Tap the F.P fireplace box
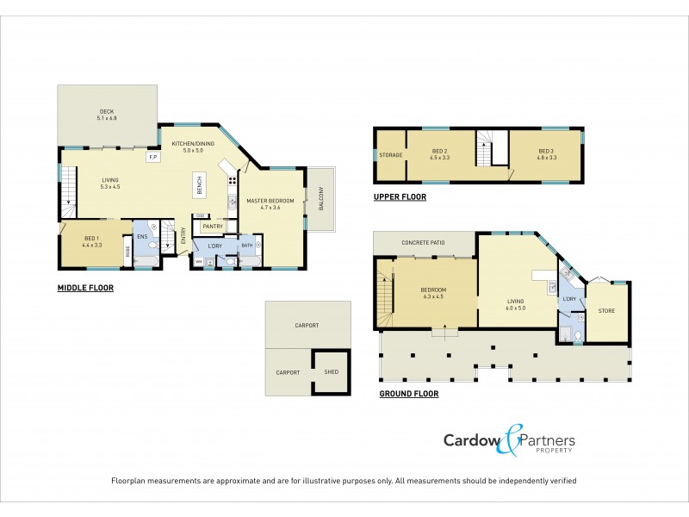coord(152,158)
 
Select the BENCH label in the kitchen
coord(199,184)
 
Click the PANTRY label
coord(212,227)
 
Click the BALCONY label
coord(320,199)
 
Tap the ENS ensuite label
coord(141,236)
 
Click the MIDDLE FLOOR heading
coord(85,289)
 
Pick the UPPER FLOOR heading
coord(400,197)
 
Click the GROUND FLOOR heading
coord(409,394)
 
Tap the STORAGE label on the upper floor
coord(390,155)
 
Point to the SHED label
coord(331,372)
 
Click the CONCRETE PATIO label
coord(423,243)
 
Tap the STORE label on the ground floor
coord(606,310)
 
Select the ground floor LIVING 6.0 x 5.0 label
coord(515,304)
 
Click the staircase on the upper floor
coord(491,148)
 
